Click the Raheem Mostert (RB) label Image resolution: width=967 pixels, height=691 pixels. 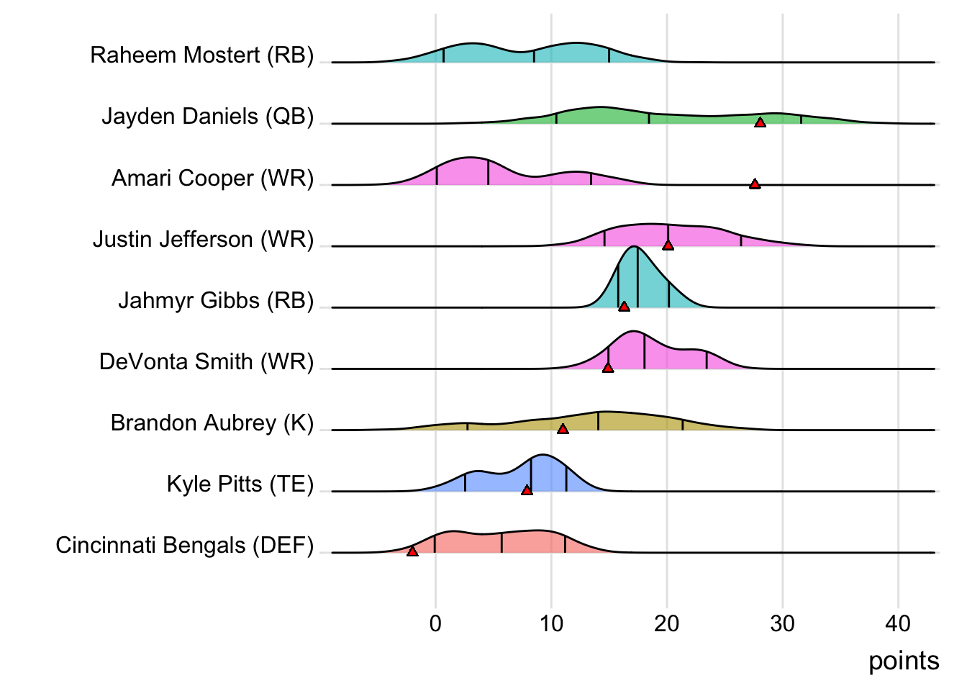pyautogui.click(x=202, y=55)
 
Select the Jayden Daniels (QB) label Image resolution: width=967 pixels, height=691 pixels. pyautogui.click(x=208, y=117)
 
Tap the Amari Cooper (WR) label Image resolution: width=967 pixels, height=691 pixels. pyautogui.click(x=213, y=178)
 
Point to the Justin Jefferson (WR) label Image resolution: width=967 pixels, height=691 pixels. pyautogui.click(x=204, y=239)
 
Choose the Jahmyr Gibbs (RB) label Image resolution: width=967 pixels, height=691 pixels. pyautogui.click(x=216, y=300)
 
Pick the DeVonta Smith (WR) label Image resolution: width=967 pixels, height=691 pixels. pyautogui.click(x=206, y=361)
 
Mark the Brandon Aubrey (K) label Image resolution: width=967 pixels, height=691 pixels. pyautogui.click(x=212, y=423)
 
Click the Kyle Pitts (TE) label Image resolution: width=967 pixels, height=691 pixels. pyautogui.click(x=240, y=484)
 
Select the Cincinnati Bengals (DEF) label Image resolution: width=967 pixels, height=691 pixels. pyautogui.click(x=185, y=545)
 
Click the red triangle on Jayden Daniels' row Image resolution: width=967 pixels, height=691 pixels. pyautogui.click(x=760, y=123)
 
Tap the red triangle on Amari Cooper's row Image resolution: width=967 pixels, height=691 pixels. pyautogui.click(x=755, y=184)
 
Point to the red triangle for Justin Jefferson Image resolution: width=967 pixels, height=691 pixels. pyautogui.click(x=668, y=245)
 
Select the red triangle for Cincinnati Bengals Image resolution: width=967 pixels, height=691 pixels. pyautogui.click(x=412, y=551)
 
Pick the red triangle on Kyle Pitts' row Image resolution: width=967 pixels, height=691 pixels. pyautogui.click(x=527, y=490)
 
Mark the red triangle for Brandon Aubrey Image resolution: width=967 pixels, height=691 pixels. pyautogui.click(x=563, y=429)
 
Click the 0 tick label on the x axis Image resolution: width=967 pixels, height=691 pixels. pyautogui.click(x=435, y=623)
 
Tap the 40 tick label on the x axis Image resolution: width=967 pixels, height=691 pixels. pyautogui.click(x=898, y=623)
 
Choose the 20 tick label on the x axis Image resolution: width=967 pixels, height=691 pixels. pyautogui.click(x=667, y=623)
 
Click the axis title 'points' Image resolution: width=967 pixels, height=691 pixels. pyautogui.click(x=904, y=661)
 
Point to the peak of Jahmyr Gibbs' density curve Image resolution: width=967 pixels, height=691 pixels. pyautogui.click(x=635, y=247)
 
